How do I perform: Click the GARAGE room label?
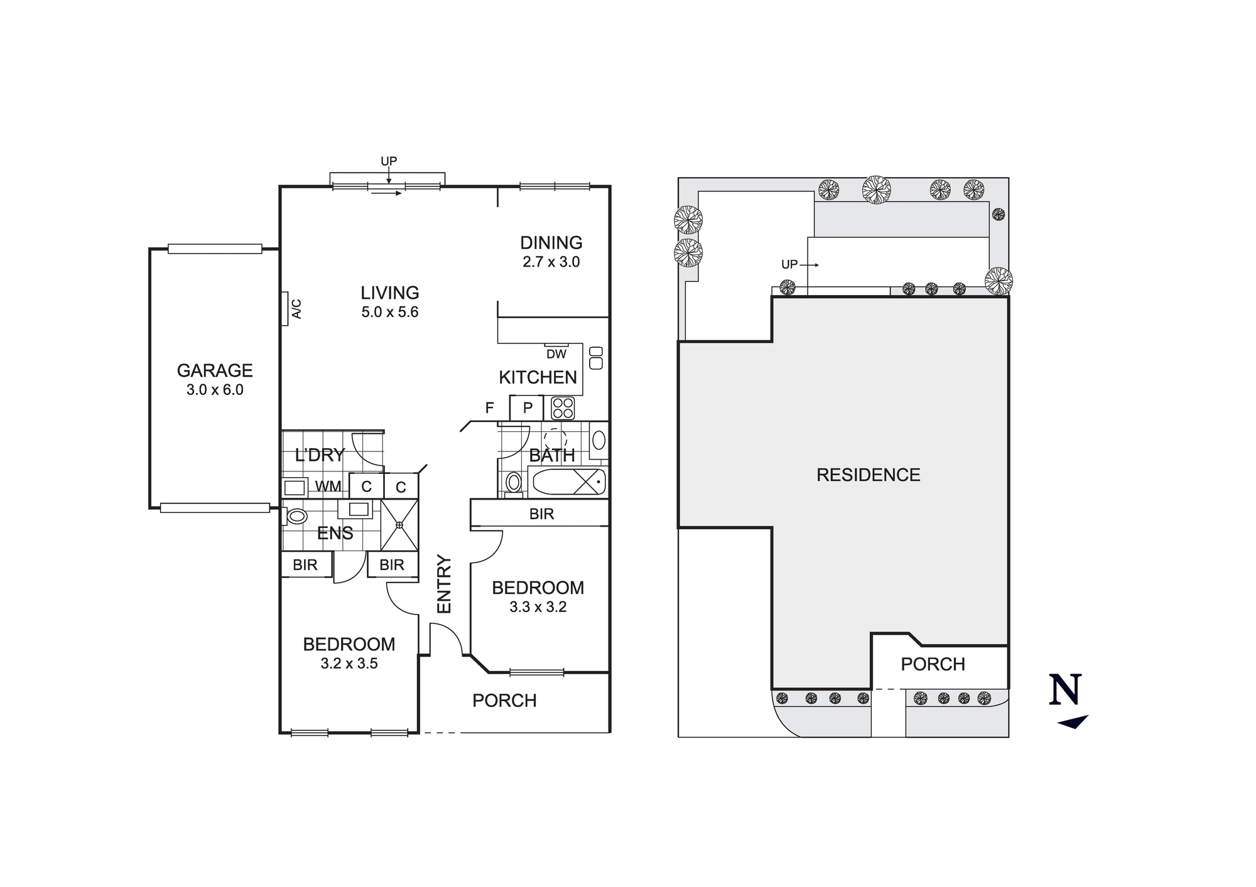point(215,370)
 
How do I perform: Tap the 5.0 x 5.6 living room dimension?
point(389,312)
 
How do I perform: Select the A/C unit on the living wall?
point(284,308)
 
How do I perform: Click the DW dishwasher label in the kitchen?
point(556,354)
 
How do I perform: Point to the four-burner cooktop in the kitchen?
point(563,408)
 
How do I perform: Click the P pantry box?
point(528,408)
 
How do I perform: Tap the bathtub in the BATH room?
point(568,482)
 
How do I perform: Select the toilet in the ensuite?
point(295,517)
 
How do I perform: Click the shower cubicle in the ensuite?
point(399,525)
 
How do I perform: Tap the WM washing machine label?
point(328,487)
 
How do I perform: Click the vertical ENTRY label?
point(444,584)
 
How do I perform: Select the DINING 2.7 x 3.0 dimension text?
point(551,262)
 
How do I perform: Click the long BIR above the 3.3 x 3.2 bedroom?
point(541,514)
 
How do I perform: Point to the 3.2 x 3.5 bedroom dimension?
point(349,664)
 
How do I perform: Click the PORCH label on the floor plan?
point(504,701)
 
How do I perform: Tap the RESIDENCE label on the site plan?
point(868,475)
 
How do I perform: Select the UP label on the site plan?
point(789,264)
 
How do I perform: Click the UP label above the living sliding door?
point(389,161)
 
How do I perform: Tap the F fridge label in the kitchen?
point(489,408)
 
